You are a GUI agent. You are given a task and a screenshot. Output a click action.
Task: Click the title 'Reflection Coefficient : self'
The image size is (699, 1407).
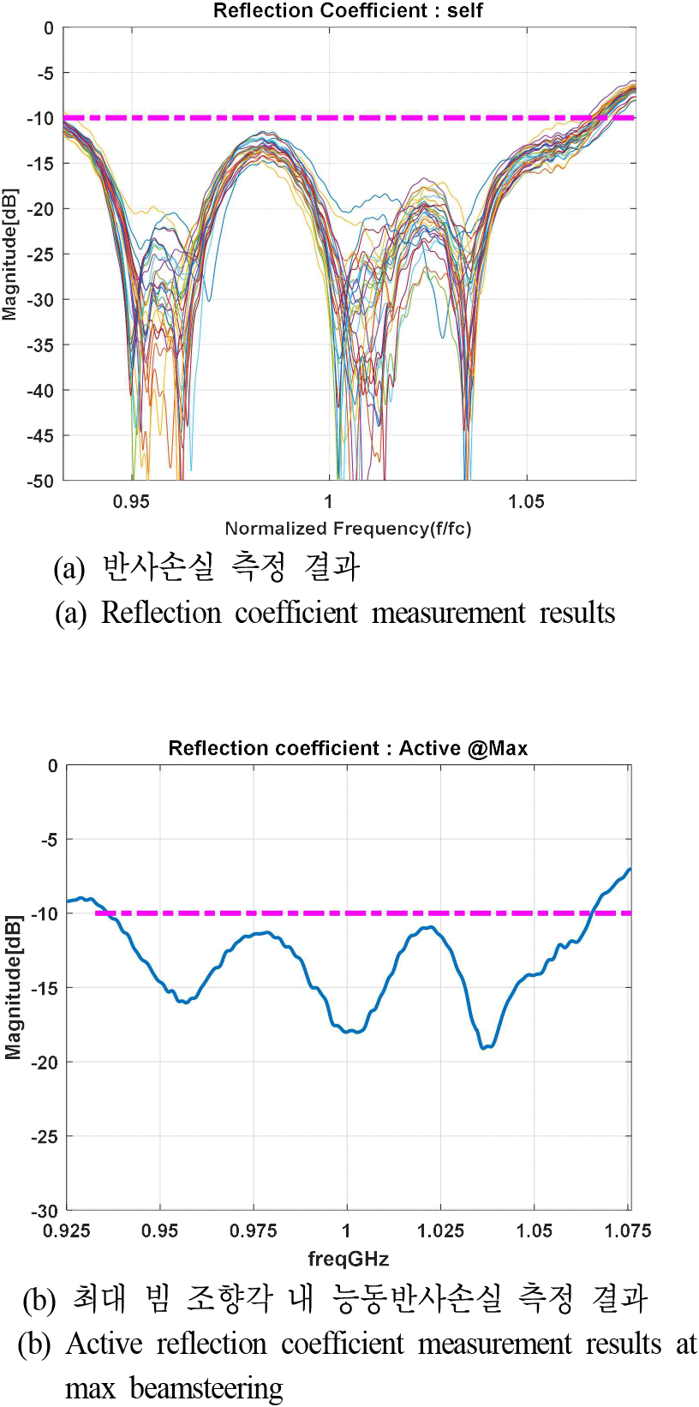click(x=348, y=11)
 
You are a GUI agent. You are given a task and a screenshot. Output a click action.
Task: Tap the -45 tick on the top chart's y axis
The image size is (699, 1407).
click(x=39, y=436)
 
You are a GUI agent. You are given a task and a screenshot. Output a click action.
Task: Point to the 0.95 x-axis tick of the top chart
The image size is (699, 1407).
click(x=131, y=502)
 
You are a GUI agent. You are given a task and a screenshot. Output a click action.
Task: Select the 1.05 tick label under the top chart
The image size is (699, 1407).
click(x=526, y=502)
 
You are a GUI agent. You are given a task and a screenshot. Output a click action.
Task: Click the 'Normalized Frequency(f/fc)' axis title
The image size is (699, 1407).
click(x=348, y=529)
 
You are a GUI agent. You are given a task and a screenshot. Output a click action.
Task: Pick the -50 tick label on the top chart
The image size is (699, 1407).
click(x=39, y=482)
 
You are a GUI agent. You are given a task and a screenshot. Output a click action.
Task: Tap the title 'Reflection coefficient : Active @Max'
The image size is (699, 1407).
click(x=348, y=749)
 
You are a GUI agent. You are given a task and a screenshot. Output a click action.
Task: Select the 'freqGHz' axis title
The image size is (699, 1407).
click(x=348, y=1259)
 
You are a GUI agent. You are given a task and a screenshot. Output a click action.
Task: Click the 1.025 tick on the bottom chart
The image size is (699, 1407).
click(x=440, y=1231)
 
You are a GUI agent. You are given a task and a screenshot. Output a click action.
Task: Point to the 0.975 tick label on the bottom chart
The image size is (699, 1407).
click(x=254, y=1231)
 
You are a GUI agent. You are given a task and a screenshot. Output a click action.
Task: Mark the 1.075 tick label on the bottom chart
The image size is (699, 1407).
click(x=627, y=1231)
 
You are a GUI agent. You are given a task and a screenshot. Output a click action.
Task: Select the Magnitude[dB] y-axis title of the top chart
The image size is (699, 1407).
click(x=9, y=254)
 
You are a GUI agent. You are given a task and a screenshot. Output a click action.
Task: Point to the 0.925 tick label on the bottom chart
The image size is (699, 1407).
click(x=67, y=1231)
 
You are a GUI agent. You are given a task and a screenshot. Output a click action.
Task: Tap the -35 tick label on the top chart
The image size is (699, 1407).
click(x=39, y=345)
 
